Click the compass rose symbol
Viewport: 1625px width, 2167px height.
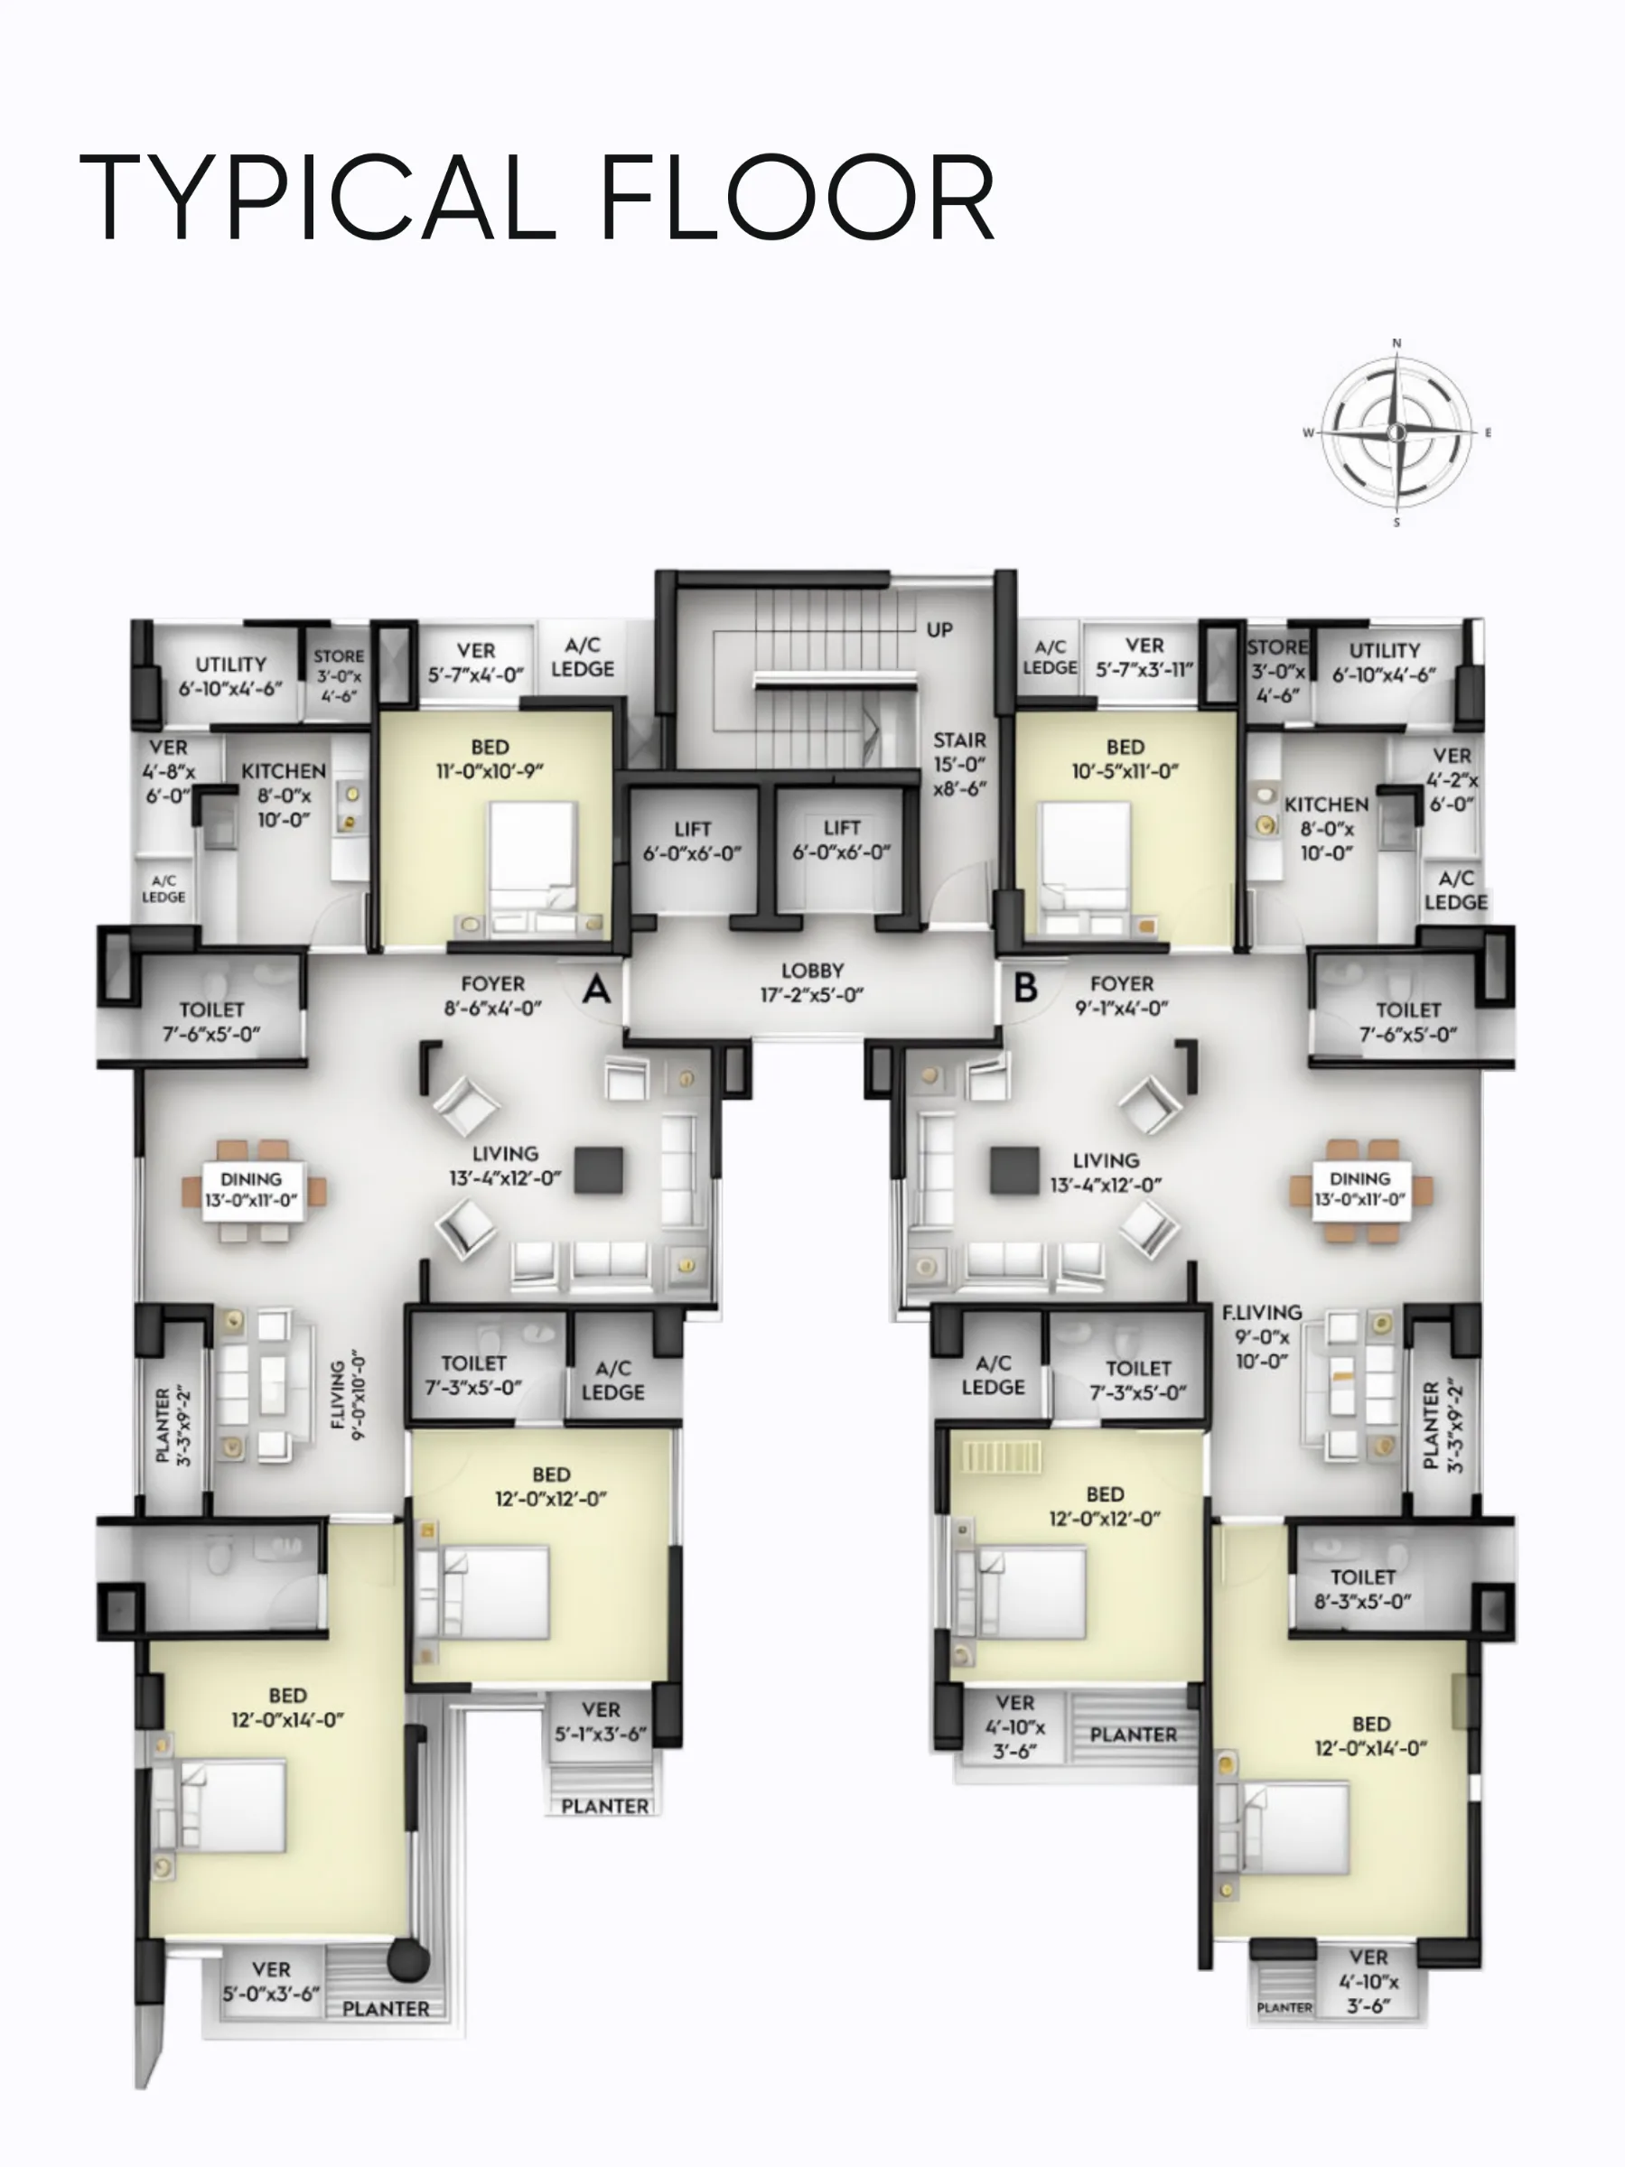tap(1396, 432)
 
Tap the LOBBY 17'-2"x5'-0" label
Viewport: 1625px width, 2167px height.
tap(813, 982)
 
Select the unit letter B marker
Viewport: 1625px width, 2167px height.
tap(1025, 987)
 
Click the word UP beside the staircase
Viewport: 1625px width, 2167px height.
tap(940, 630)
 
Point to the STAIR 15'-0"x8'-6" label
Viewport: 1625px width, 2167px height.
tap(959, 764)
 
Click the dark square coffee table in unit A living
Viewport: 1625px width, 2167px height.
tap(599, 1171)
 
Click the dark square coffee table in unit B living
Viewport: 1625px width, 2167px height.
tap(1014, 1171)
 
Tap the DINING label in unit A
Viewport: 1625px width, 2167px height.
tap(251, 1178)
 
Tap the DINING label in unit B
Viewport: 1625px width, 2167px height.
tap(1359, 1178)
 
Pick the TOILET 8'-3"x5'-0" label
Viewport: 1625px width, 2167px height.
tap(1362, 1589)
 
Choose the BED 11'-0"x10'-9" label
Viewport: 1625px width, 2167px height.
tap(490, 759)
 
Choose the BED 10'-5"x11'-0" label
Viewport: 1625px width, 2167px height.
tap(1125, 759)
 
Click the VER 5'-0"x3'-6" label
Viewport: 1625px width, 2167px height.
tap(270, 1982)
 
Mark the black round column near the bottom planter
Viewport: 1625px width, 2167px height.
tap(407, 1960)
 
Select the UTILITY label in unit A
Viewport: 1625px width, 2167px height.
tap(230, 665)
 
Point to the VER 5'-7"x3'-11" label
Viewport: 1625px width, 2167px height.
tap(1144, 657)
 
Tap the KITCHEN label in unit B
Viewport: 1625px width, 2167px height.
tap(1326, 804)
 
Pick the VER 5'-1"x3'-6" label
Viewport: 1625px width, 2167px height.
tap(601, 1721)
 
